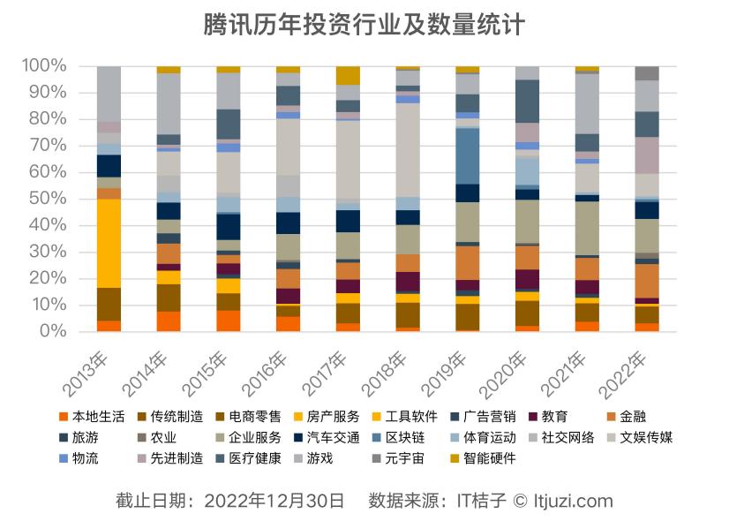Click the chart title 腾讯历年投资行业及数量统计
click(x=364, y=24)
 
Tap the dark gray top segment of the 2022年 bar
click(x=647, y=73)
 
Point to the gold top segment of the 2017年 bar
click(x=348, y=75)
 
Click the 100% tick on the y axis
click(x=43, y=66)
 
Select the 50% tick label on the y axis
click(x=48, y=199)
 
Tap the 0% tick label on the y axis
click(x=52, y=331)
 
